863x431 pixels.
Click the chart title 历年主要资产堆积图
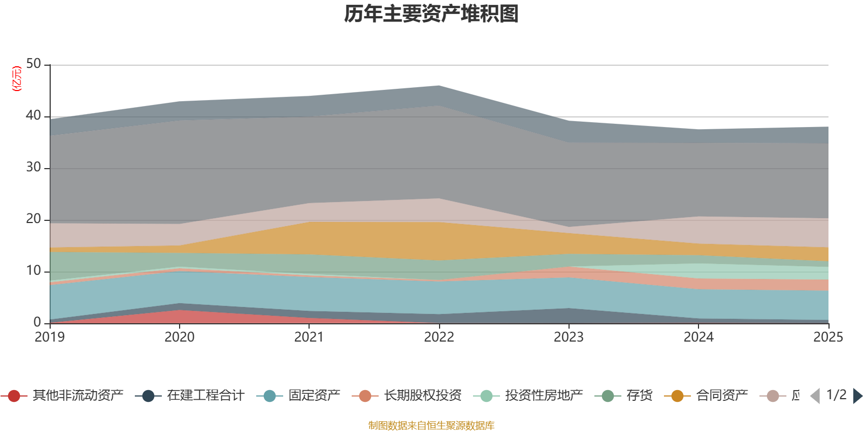pyautogui.click(x=432, y=14)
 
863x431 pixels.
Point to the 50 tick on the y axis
pyautogui.click(x=33, y=64)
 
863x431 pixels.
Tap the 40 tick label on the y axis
pyautogui.click(x=33, y=116)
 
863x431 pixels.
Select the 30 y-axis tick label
pyautogui.click(x=33, y=168)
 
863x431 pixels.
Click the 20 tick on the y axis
pyautogui.click(x=33, y=219)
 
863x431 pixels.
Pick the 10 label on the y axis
pyautogui.click(x=33, y=271)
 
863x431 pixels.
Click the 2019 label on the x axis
pyautogui.click(x=50, y=337)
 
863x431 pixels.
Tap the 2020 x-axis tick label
pyautogui.click(x=180, y=337)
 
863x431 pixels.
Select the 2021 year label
pyautogui.click(x=309, y=337)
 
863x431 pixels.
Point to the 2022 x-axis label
pyautogui.click(x=439, y=337)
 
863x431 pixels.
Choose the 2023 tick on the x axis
pyautogui.click(x=569, y=337)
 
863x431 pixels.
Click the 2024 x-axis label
pyautogui.click(x=698, y=337)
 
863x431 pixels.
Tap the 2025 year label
pyautogui.click(x=828, y=337)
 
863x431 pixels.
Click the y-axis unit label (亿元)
pyautogui.click(x=17, y=79)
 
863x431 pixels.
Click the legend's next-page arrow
pyautogui.click(x=857, y=396)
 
